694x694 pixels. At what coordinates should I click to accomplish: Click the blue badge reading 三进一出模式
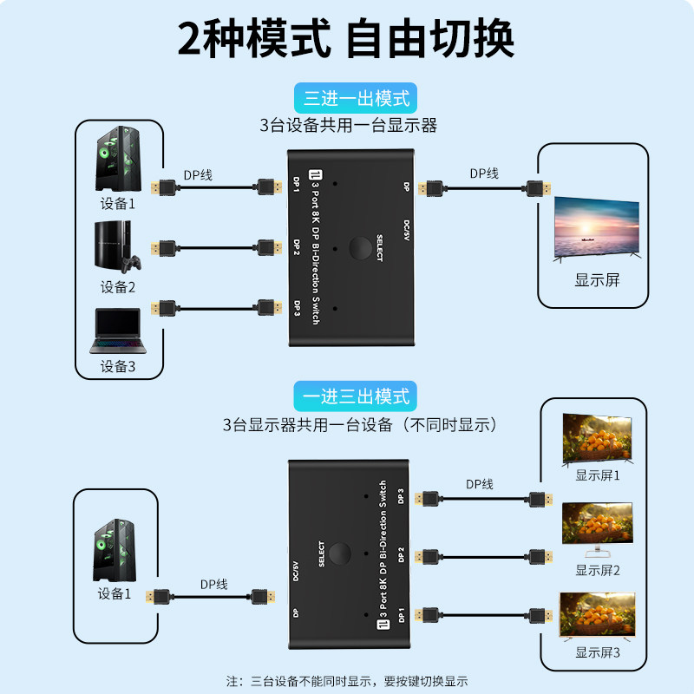click(356, 98)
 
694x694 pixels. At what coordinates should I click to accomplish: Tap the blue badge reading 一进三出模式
click(356, 396)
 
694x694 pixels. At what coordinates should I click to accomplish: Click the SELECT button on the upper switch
click(360, 248)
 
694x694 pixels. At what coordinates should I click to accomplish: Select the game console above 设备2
click(117, 246)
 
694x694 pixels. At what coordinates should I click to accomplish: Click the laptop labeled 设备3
click(118, 331)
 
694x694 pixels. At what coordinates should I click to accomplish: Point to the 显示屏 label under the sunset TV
click(597, 279)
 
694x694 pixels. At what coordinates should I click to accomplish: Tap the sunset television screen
click(597, 229)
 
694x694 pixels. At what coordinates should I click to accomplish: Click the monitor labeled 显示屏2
click(598, 529)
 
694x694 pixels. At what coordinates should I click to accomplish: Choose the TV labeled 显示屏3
click(598, 616)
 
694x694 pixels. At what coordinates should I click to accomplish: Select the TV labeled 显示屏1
click(597, 439)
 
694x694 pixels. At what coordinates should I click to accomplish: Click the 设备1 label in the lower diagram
click(115, 593)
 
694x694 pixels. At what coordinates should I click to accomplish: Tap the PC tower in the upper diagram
click(118, 159)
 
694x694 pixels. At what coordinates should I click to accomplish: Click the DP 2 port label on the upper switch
click(297, 247)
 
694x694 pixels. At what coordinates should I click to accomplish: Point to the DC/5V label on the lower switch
click(296, 572)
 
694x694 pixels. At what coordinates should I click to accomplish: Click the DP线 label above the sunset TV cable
click(484, 173)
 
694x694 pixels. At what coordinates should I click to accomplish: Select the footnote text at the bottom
click(347, 681)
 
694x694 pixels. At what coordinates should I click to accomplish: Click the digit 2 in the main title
click(189, 39)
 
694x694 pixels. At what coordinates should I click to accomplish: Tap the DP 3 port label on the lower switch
click(401, 496)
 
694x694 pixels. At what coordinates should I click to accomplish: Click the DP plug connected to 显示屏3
click(540, 615)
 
